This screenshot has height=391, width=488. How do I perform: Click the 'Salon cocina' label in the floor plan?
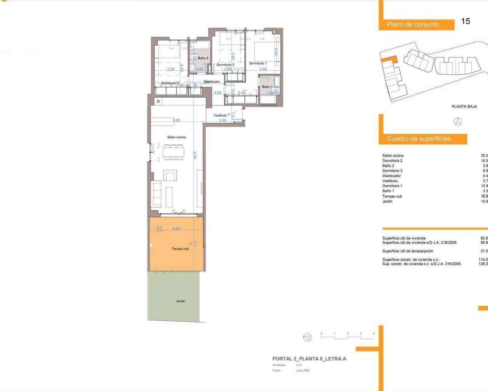(177, 137)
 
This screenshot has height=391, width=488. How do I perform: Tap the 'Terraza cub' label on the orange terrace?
(180, 249)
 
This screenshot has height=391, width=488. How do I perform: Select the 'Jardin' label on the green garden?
(180, 301)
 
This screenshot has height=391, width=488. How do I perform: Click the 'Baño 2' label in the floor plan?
(203, 58)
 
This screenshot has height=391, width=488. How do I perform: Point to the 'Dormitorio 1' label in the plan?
(258, 63)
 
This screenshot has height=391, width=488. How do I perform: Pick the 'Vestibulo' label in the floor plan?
(220, 115)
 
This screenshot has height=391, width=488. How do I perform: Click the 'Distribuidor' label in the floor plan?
(212, 82)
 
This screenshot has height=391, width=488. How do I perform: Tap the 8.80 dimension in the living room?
(195, 155)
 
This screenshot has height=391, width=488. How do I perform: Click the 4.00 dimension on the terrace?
(176, 229)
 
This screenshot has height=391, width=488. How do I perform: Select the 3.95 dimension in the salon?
(176, 120)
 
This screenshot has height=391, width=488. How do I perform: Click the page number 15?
(466, 21)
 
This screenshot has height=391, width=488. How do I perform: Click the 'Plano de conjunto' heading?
(413, 24)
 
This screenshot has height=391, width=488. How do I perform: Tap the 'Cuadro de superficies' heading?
(419, 139)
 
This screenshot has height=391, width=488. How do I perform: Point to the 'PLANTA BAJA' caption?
(464, 107)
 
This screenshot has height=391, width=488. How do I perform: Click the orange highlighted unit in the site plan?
(390, 60)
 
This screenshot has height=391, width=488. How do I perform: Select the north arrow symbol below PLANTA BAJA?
(457, 122)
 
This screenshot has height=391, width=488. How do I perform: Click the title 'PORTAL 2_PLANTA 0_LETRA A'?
(309, 359)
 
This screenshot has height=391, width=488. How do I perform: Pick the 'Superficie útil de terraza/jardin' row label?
(408, 251)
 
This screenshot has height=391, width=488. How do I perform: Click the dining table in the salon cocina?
(173, 152)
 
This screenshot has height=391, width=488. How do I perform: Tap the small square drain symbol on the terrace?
(159, 229)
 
